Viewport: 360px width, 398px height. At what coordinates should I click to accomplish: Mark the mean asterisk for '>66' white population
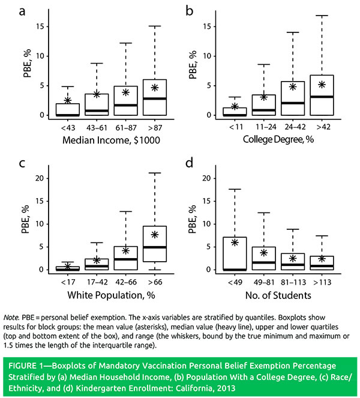155,234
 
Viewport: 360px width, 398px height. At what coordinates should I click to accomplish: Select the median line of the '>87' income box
155,98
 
